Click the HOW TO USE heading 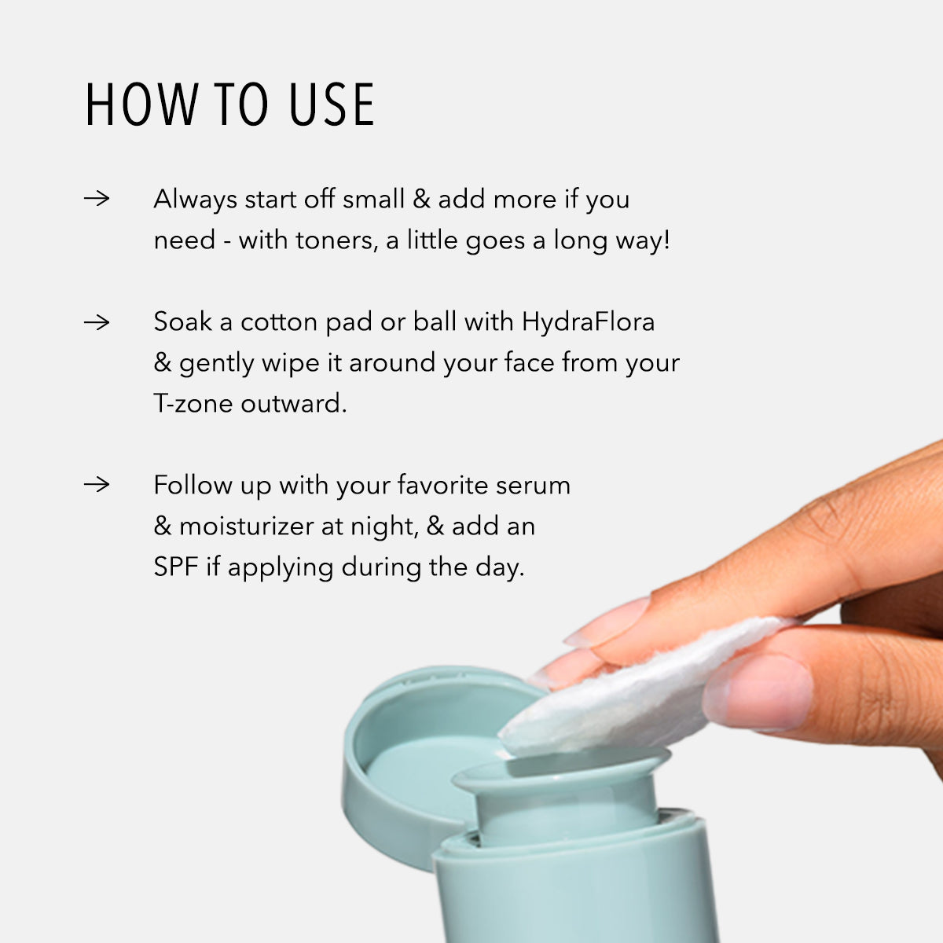[229, 105]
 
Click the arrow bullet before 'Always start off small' [97, 198]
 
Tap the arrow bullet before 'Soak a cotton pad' [97, 321]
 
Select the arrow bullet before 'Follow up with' [97, 484]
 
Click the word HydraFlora [588, 321]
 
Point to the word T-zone [193, 403]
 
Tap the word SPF [176, 567]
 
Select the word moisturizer [247, 526]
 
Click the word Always [195, 199]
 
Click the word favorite [442, 485]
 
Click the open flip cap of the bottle [409, 754]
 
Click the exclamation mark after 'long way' [666, 240]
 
